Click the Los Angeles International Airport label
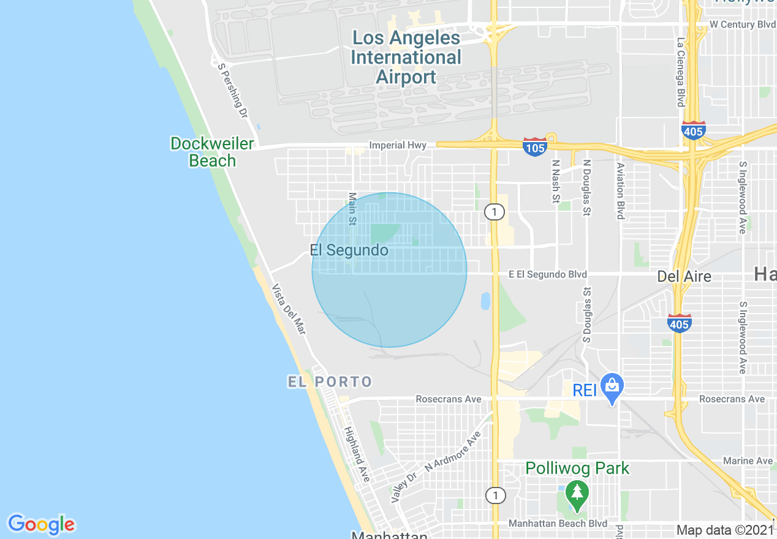(x=406, y=58)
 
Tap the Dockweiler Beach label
(x=212, y=152)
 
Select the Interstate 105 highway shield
(x=535, y=146)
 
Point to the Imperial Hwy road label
(x=398, y=145)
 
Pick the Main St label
(x=352, y=208)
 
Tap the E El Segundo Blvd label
(x=547, y=274)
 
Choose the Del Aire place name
(x=684, y=276)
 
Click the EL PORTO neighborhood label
(x=330, y=382)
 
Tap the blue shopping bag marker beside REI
(x=612, y=386)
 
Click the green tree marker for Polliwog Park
(x=576, y=492)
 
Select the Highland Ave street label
(x=357, y=454)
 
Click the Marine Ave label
(x=748, y=461)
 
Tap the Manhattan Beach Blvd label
(x=558, y=524)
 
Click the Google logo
(x=41, y=524)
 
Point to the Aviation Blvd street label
(x=620, y=190)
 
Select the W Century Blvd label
(x=742, y=24)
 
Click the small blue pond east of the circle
(x=485, y=301)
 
